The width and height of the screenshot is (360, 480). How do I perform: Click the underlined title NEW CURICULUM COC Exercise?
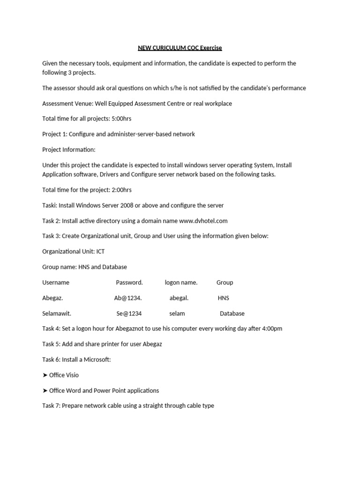point(180,48)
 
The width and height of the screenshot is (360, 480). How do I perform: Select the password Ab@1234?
point(127,298)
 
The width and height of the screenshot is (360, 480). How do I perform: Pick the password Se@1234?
point(129,314)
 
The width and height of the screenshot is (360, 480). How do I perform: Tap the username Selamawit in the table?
point(57,314)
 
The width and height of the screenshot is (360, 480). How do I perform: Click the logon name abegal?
point(179,298)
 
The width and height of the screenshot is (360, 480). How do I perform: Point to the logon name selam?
point(177,314)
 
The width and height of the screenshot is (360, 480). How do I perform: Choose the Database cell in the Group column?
point(232,314)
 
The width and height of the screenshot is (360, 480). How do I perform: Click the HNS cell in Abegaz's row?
point(224,298)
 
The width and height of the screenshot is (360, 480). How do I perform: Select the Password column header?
point(129,283)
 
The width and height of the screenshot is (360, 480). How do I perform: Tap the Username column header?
point(56,283)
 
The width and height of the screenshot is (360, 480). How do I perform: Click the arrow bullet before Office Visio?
point(45,375)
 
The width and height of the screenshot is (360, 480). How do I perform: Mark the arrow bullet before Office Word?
point(45,390)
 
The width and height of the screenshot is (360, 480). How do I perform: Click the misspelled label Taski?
point(49,205)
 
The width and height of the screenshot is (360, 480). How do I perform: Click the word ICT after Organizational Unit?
point(100,252)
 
